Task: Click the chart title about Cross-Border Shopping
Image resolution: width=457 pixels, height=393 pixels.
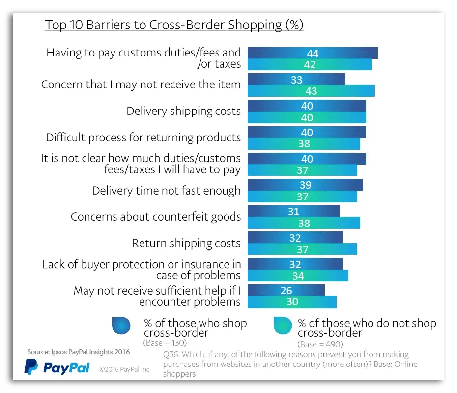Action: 174,25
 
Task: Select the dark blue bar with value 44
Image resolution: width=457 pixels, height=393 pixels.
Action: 312,53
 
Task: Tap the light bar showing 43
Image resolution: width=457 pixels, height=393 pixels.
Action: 311,91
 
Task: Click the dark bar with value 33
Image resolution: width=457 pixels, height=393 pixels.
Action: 296,80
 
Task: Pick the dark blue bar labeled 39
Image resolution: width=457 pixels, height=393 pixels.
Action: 305,185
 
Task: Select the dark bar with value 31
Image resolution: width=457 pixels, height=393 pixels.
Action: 293,211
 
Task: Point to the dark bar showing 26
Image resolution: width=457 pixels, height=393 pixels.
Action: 286,290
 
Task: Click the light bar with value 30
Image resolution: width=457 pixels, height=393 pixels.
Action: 291,302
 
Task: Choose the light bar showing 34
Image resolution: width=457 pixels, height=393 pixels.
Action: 297,276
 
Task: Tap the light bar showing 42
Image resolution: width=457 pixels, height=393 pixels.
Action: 309,64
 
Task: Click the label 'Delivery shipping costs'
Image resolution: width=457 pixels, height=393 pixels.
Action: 184,111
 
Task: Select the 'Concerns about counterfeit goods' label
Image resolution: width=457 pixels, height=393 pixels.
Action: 156,217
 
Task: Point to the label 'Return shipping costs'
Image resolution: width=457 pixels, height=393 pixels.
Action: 186,243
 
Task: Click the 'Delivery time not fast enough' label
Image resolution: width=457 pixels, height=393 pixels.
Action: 167,190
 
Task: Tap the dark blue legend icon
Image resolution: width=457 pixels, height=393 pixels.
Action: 121,325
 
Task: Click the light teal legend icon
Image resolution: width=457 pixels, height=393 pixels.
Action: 283,325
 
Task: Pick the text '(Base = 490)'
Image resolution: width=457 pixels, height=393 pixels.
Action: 320,344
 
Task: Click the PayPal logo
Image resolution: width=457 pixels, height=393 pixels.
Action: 57,367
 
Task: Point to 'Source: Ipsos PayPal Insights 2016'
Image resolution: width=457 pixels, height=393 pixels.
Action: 79,352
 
